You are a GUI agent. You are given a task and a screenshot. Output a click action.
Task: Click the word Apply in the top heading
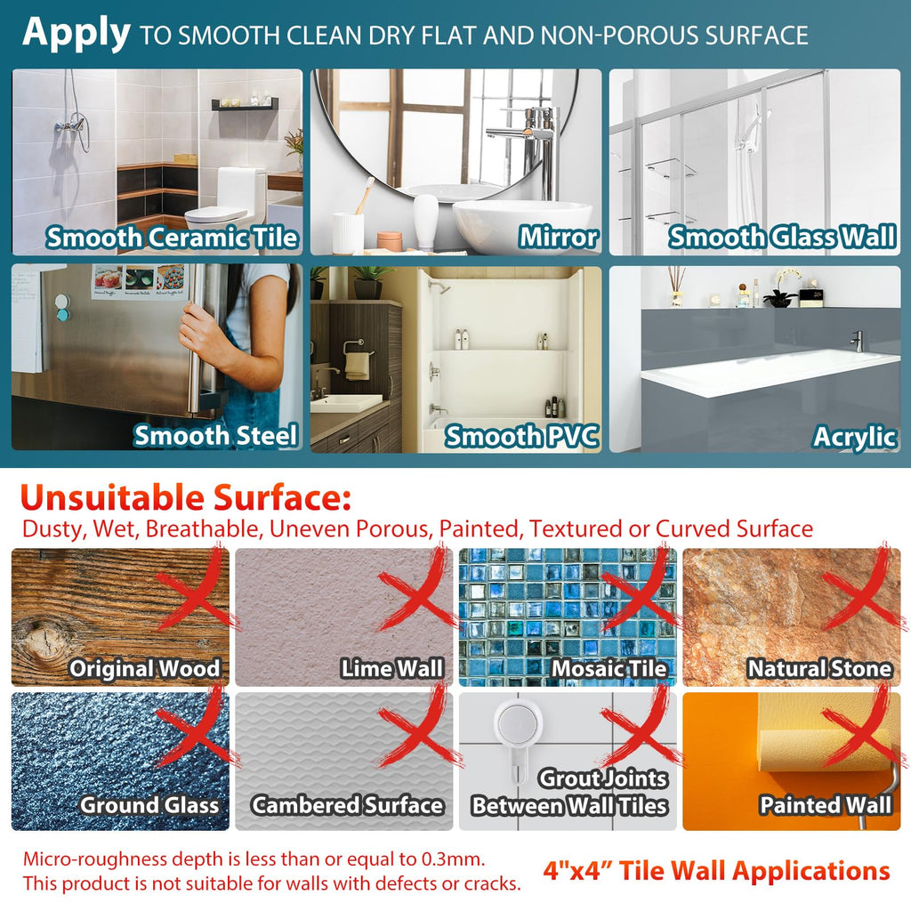77,33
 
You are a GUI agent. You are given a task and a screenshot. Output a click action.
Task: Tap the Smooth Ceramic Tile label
172,238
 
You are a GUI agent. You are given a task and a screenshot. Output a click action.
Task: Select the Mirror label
559,237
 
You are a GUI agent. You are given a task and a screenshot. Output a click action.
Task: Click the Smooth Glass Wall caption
782,237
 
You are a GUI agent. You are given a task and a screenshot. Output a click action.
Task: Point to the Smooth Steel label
215,436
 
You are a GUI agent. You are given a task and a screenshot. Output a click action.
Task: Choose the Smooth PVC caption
521,436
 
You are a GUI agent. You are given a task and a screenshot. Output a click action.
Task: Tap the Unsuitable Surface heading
186,498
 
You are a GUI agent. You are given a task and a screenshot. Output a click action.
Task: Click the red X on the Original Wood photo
198,590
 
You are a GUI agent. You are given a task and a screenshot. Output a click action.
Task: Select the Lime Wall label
392,668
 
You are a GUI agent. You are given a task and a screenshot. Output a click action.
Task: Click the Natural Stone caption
819,668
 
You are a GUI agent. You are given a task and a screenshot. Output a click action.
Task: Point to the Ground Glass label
149,805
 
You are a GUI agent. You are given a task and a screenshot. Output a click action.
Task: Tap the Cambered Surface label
348,805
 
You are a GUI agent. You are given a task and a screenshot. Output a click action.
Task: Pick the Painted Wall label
826,805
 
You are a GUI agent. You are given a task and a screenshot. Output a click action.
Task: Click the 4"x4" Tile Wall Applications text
716,871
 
